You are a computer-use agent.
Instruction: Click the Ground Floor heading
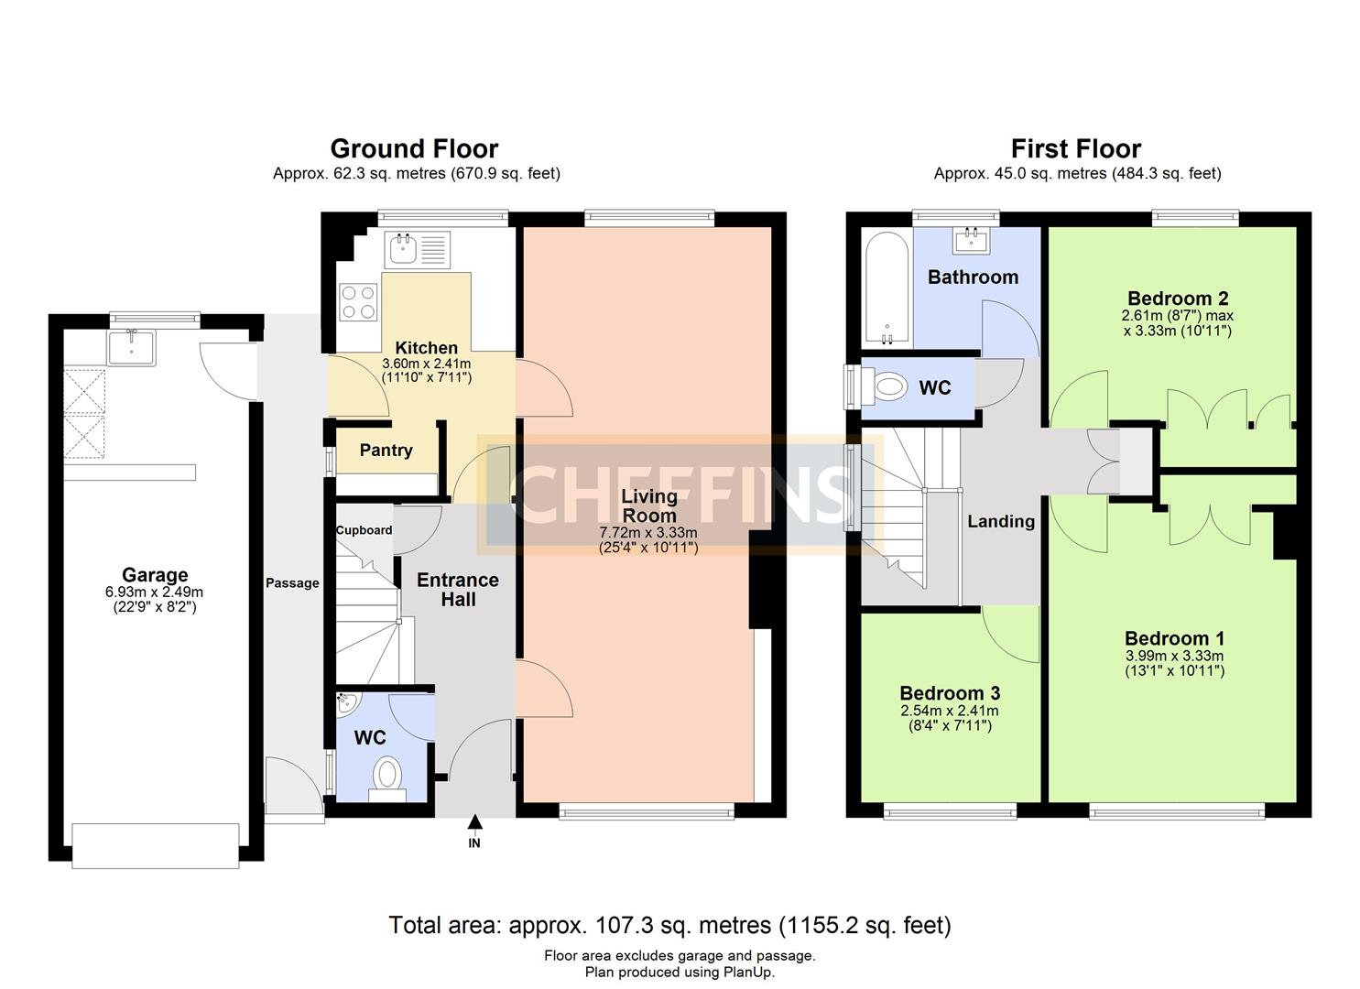(x=414, y=148)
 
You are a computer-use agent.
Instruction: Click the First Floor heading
(x=1076, y=148)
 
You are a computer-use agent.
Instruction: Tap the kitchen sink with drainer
(x=418, y=249)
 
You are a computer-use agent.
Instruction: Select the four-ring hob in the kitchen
(x=358, y=302)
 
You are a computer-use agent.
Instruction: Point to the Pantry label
(x=386, y=450)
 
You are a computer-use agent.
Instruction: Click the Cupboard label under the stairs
(x=364, y=530)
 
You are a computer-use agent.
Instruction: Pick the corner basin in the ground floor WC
(x=348, y=703)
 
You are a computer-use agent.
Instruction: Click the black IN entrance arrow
(x=474, y=822)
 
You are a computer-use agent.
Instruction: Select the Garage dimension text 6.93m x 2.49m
(x=154, y=592)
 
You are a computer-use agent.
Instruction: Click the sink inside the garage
(x=131, y=348)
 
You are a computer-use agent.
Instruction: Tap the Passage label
(x=292, y=583)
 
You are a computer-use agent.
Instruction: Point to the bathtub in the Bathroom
(x=887, y=289)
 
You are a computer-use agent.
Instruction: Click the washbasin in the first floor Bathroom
(x=972, y=241)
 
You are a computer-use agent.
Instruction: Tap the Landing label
(x=1001, y=522)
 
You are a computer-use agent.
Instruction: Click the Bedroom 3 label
(x=951, y=693)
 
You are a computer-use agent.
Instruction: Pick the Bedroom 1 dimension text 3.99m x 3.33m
(x=1174, y=656)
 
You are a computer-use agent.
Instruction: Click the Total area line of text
(x=669, y=926)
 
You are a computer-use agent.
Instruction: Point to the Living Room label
(x=649, y=505)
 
